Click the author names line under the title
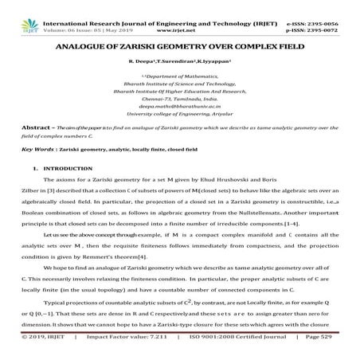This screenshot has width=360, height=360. point(180,61)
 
